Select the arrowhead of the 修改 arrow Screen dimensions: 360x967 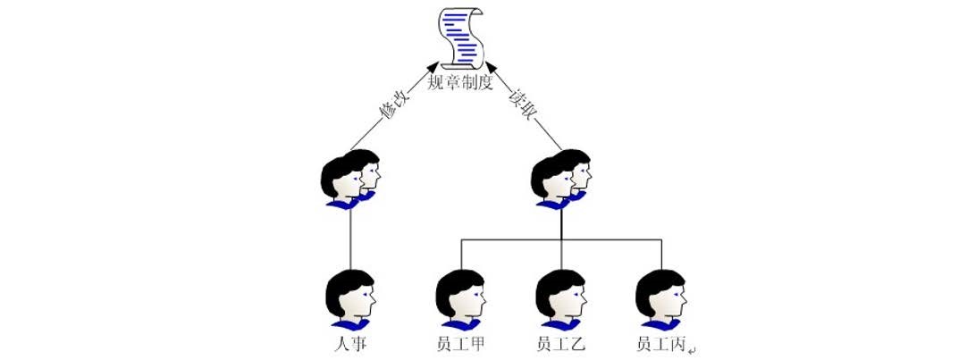point(433,67)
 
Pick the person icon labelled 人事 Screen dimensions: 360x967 point(349,300)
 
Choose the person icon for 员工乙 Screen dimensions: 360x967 point(561,300)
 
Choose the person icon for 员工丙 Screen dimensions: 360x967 point(661,300)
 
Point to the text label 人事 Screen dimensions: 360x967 point(349,344)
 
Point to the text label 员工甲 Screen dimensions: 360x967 point(460,344)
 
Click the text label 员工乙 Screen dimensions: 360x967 point(560,344)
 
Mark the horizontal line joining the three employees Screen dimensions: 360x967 point(509,239)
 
